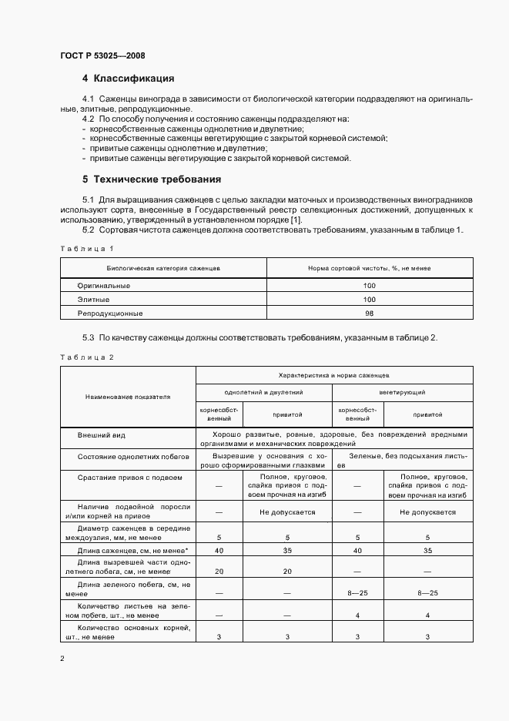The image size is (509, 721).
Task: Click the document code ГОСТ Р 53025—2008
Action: point(102,55)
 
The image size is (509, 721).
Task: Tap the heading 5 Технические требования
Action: point(152,179)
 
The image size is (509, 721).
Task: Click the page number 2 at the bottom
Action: point(62,659)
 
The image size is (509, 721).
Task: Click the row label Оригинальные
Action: point(104,285)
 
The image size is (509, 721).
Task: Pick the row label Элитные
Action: point(93,299)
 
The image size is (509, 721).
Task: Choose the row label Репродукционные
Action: point(110,314)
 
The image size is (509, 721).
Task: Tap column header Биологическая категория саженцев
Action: point(163,268)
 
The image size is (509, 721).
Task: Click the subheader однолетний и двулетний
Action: point(263,392)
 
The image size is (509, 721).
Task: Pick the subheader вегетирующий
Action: point(402,392)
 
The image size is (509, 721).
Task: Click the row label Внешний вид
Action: point(101,434)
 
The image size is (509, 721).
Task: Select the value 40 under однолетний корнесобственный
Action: point(219,551)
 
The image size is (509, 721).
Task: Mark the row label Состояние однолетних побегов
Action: point(133,457)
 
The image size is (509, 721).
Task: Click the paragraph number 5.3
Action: point(88,337)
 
